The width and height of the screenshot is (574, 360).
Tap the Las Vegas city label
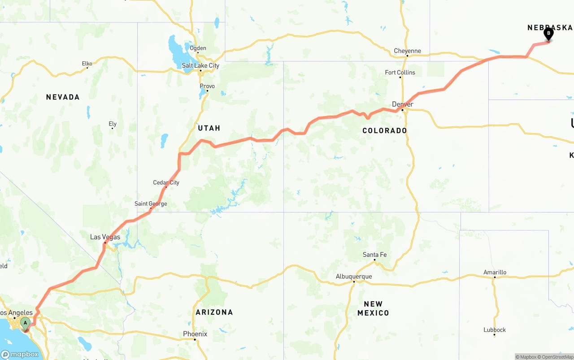(x=105, y=237)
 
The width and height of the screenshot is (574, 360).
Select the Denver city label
(x=402, y=104)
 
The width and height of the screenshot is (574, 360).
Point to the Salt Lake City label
(x=200, y=65)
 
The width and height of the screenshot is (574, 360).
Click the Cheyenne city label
(x=407, y=51)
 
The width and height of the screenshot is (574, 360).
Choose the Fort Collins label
(x=400, y=72)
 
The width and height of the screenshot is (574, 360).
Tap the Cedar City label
(x=166, y=182)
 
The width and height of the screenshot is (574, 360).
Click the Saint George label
(x=151, y=204)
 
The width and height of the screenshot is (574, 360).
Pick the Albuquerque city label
(x=353, y=276)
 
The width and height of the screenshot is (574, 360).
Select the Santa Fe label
(x=374, y=255)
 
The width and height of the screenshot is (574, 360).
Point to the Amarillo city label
(x=495, y=272)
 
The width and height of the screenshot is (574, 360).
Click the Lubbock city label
(x=494, y=330)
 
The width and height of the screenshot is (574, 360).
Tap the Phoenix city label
(x=195, y=334)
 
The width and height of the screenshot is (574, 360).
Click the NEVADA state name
(x=63, y=97)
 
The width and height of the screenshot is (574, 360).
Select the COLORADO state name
(x=384, y=130)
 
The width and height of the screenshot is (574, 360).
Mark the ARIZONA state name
(x=214, y=312)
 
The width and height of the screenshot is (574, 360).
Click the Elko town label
(x=87, y=64)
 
